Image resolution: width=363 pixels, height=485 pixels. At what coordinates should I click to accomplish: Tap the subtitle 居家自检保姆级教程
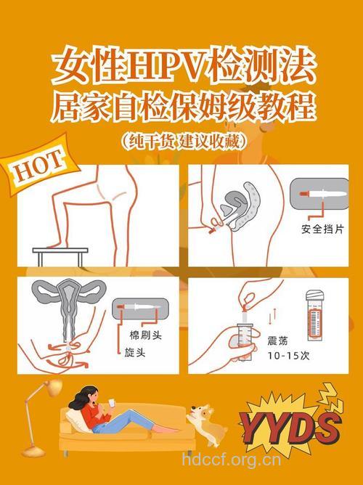(x=182, y=109)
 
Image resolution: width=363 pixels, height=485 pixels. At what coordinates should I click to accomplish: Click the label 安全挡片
(x=322, y=232)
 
